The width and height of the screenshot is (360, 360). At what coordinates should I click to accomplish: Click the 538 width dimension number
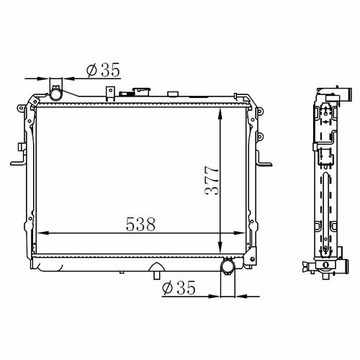(141, 225)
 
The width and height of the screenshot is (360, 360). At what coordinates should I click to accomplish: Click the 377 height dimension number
(212, 181)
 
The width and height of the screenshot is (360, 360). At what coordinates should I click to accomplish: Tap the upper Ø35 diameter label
(103, 70)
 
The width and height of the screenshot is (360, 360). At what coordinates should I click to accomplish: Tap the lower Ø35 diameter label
(179, 288)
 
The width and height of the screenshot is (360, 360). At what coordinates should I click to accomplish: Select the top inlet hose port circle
(56, 94)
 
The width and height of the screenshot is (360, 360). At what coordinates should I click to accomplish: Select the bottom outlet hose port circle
(228, 266)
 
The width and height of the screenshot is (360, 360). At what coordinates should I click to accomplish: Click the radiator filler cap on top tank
(141, 91)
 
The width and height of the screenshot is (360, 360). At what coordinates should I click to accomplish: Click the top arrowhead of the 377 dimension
(220, 114)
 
